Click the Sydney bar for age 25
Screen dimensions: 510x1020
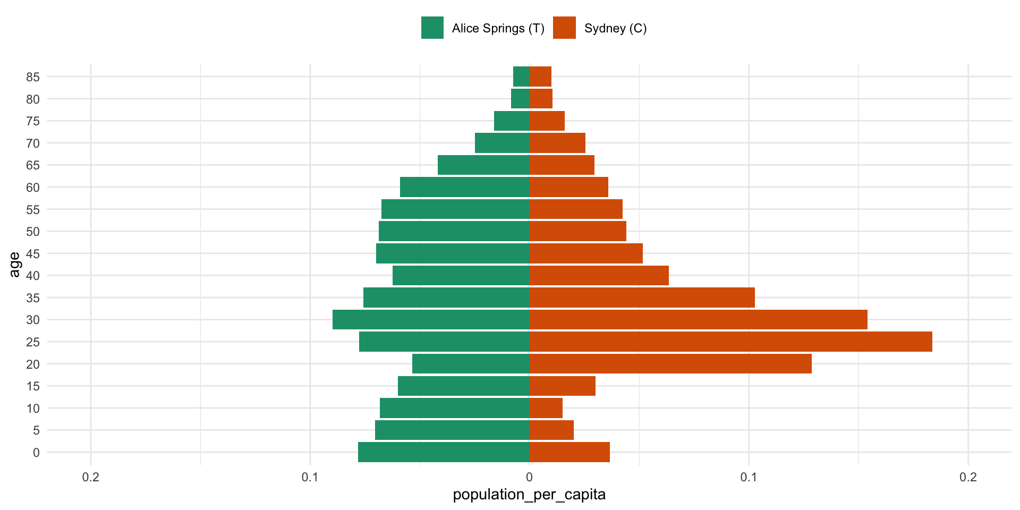[730, 342]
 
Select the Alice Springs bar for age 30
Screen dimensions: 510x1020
[431, 319]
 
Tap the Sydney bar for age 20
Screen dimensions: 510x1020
[670, 364]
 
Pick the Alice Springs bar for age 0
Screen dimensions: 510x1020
[444, 452]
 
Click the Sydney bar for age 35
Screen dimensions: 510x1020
[642, 297]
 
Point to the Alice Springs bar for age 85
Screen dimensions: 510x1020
[521, 76]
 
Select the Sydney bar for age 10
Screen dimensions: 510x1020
[546, 408]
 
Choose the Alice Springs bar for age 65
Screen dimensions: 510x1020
[483, 165]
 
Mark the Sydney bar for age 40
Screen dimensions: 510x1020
[599, 275]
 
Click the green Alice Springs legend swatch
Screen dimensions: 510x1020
[432, 28]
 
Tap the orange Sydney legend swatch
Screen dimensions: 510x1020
[564, 28]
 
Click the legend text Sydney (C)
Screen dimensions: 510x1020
[615, 28]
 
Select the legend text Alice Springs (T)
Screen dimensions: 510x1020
[498, 28]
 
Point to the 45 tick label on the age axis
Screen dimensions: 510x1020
[33, 253]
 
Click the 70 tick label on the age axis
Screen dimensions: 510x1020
[33, 143]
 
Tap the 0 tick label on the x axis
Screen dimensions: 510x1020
[529, 477]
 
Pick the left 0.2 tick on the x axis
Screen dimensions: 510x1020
[91, 477]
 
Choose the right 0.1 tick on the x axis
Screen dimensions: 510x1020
[749, 477]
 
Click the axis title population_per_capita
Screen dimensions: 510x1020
[529, 495]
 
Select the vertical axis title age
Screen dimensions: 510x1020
[14, 264]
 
